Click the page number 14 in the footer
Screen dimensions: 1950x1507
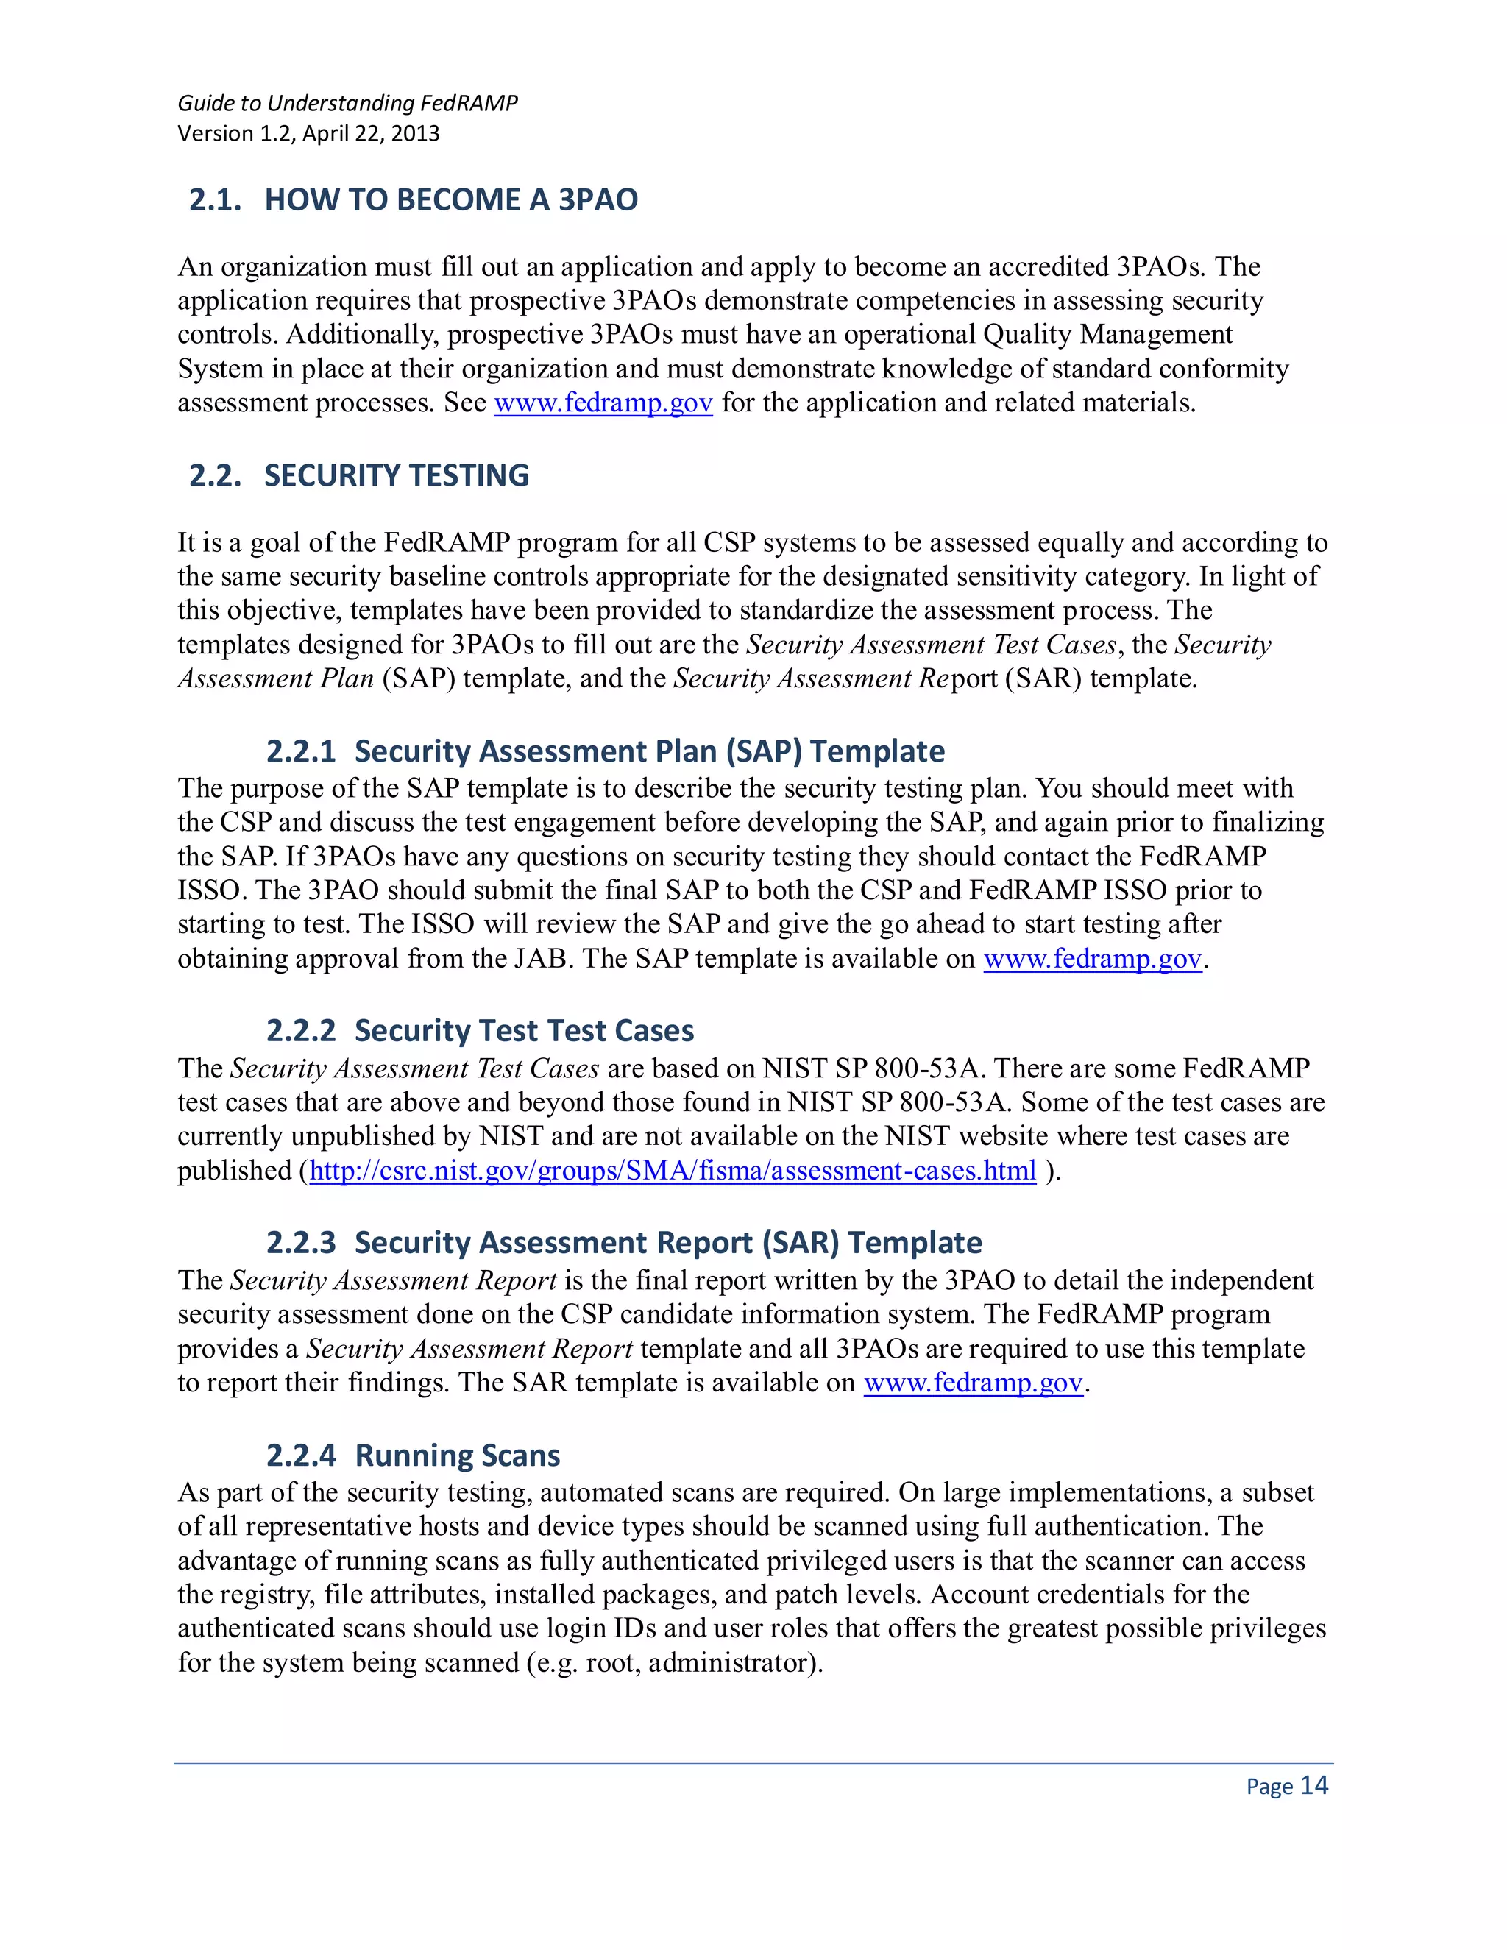tap(1313, 1785)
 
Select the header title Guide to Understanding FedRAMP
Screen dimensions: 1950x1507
tap(347, 104)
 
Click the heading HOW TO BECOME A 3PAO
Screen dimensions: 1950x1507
tap(451, 199)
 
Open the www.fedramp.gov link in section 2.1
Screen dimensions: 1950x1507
tap(603, 403)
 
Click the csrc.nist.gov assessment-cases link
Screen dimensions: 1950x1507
tap(673, 1171)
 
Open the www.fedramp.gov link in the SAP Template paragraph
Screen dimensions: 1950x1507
tap(1093, 959)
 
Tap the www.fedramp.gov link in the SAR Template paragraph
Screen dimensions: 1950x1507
tap(973, 1383)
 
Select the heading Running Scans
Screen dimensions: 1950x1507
tap(457, 1456)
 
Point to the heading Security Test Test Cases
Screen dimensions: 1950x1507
tap(524, 1031)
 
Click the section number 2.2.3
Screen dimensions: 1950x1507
tap(301, 1243)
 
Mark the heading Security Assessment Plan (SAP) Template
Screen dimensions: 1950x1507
tap(649, 752)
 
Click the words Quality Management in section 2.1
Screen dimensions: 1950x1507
tap(1107, 335)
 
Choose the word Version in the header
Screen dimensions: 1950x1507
tap(215, 134)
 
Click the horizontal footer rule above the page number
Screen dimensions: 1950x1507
tap(753, 1763)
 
